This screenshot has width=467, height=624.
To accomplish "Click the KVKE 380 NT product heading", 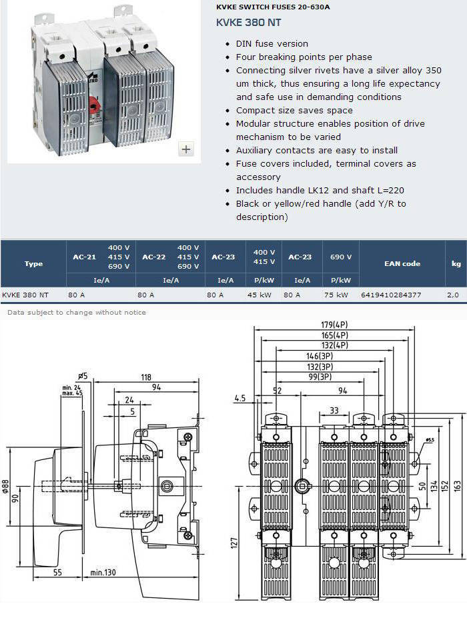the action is coord(248,22).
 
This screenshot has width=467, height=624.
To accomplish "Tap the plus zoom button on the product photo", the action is coord(186,149).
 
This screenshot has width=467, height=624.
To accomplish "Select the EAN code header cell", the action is coord(402,263).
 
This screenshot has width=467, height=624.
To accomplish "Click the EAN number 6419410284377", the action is coord(390,295).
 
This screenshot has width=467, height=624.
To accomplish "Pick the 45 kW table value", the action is coord(259,295).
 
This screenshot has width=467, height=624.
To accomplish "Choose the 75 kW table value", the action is coord(336,295).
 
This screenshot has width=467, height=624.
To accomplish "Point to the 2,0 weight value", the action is coord(453,295).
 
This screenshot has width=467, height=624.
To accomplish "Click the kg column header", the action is coord(456,263).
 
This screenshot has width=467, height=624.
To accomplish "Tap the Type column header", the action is coord(33,263).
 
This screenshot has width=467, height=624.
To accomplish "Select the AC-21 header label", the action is coord(85,257).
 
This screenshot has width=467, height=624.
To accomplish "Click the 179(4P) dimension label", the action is coord(334,325).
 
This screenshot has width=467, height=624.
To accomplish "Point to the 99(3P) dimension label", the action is coord(320,377).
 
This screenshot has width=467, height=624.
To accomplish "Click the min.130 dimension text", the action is coord(103,572).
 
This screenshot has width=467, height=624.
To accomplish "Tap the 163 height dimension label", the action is coord(457,486).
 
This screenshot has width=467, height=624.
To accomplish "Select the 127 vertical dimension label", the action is coord(233,543).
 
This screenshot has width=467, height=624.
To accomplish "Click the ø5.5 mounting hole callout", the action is coord(430,440).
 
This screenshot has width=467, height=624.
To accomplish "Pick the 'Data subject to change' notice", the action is coord(77,313).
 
